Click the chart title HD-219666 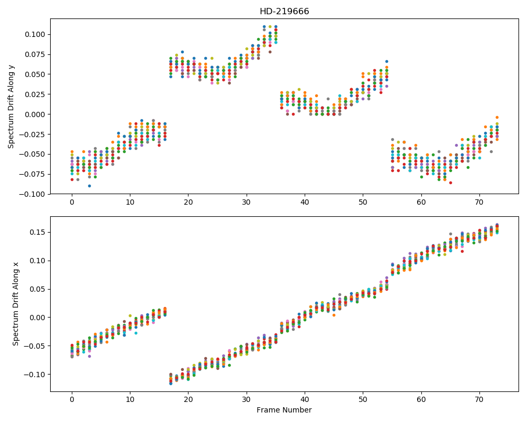(x=284, y=12)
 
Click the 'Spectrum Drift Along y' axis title (x=11, y=107)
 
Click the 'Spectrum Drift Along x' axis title (x=15, y=304)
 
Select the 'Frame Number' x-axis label (x=284, y=410)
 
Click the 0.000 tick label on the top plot (x=36, y=114)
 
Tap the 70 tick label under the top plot (x=479, y=202)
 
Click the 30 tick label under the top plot (x=247, y=202)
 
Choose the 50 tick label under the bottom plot (x=363, y=400)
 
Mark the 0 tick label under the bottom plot (x=72, y=400)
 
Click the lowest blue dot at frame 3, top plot (x=89, y=186)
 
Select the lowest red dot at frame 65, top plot (x=450, y=183)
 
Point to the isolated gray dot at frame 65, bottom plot (x=450, y=234)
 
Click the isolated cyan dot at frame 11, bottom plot (x=136, y=333)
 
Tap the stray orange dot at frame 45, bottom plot (x=334, y=315)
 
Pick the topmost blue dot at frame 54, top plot (x=386, y=61)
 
